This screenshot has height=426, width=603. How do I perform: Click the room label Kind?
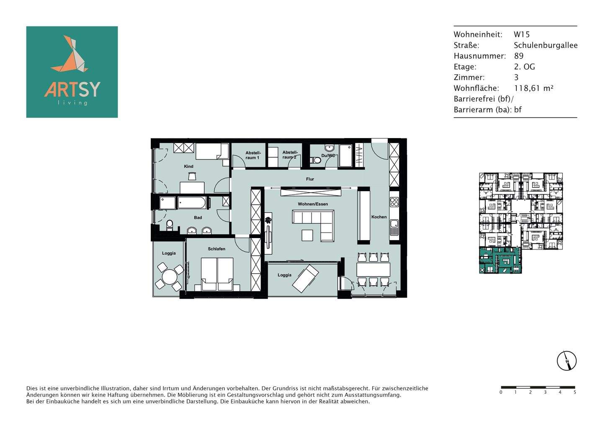click(188, 166)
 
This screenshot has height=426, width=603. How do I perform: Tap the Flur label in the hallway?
click(310, 179)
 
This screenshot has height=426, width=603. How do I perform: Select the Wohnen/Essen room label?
click(313, 204)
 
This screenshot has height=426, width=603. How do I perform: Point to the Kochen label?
click(379, 217)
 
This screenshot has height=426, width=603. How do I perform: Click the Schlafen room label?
click(216, 249)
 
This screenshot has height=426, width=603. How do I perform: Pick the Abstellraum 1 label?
click(253, 155)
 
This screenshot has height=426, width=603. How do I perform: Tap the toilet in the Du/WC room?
click(315, 160)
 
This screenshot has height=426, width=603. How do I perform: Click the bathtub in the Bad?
click(192, 203)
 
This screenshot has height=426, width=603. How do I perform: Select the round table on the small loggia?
click(170, 276)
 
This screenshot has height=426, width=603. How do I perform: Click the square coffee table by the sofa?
click(307, 235)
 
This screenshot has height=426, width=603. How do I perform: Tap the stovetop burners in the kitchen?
click(394, 202)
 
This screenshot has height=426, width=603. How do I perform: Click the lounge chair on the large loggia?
click(305, 279)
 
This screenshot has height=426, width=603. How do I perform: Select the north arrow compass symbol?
click(567, 361)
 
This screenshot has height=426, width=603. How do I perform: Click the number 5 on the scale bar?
click(575, 393)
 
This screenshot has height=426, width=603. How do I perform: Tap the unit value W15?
click(522, 34)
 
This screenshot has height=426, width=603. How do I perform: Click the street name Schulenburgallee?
click(546, 45)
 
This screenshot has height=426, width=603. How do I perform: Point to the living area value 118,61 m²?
click(533, 88)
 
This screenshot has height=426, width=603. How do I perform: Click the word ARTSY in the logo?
click(72, 89)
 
